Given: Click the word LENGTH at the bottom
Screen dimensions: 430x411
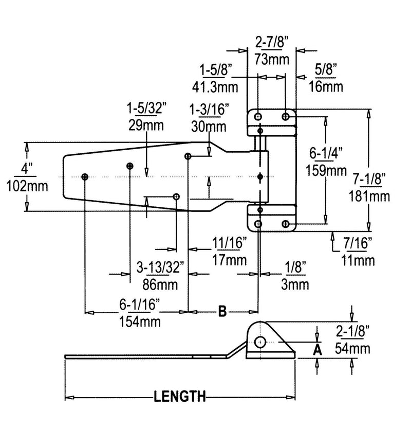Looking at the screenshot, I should [179, 396].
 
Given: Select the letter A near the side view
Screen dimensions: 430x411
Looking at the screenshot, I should [317, 350].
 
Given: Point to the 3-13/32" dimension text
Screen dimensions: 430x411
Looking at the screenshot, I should [162, 266].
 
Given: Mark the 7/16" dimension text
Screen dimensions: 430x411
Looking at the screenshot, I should [358, 244].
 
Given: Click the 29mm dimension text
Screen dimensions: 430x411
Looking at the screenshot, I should [146, 126].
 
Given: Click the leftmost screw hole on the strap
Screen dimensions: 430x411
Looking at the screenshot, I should [85, 177].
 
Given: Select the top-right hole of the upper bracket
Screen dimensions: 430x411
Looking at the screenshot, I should [286, 116].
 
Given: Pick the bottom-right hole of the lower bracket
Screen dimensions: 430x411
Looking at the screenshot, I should [286, 224].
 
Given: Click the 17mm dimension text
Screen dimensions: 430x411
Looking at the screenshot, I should [227, 259].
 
